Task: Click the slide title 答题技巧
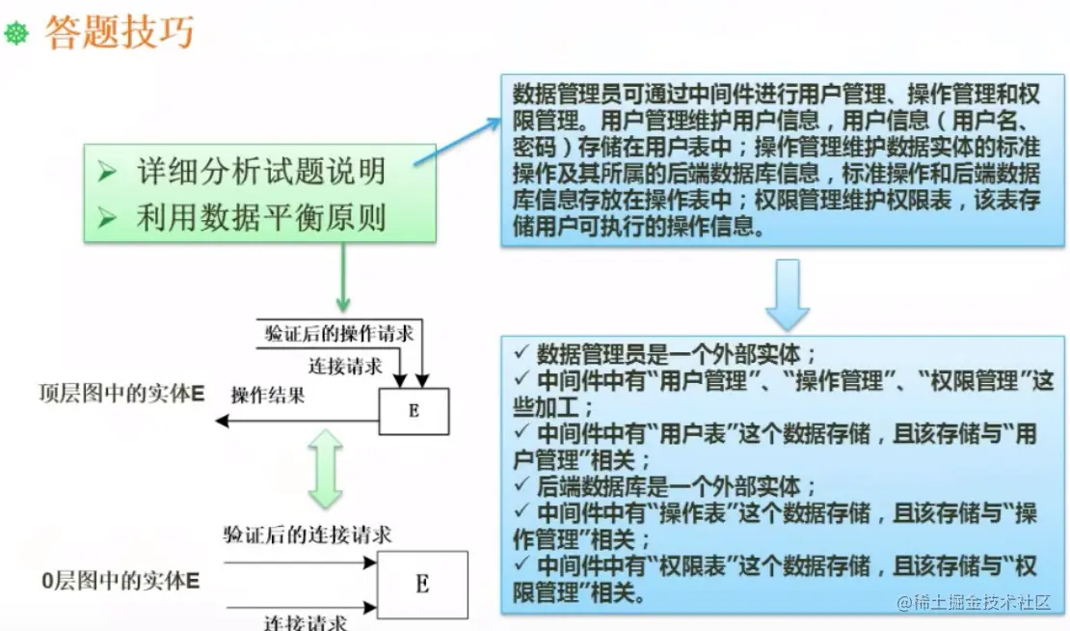tap(119, 33)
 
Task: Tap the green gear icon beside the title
tap(17, 35)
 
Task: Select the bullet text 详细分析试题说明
tap(260, 172)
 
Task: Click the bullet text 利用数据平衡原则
tap(260, 218)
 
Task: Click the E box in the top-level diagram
tap(414, 410)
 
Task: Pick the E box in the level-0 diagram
tap(422, 584)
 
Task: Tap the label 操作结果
tap(267, 395)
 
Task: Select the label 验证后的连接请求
tap(308, 535)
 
